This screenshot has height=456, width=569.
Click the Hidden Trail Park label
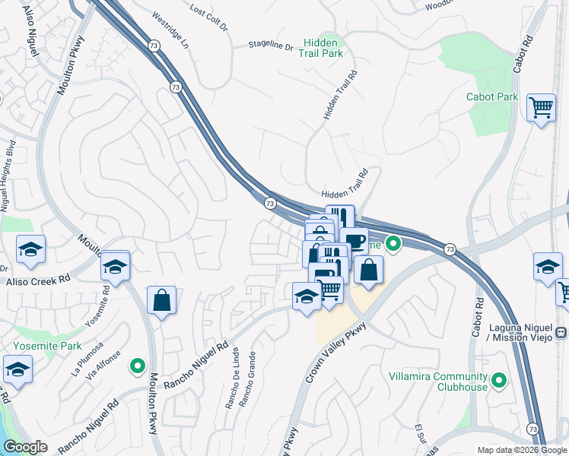tap(323, 48)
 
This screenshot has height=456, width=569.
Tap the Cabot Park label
tap(492, 97)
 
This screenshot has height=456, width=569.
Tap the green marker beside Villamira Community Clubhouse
tap(499, 379)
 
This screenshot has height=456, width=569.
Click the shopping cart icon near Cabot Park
tap(541, 107)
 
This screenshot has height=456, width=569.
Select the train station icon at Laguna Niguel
tap(561, 332)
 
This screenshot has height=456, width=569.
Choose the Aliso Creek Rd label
tap(38, 280)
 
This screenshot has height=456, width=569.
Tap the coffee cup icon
tap(354, 241)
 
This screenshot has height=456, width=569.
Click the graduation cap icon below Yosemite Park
tap(17, 369)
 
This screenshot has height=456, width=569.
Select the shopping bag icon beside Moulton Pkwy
tap(161, 300)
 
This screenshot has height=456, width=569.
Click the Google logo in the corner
tap(25, 447)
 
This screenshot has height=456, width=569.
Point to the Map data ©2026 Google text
tap(521, 450)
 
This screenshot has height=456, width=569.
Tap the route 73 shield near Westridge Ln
tap(176, 88)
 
